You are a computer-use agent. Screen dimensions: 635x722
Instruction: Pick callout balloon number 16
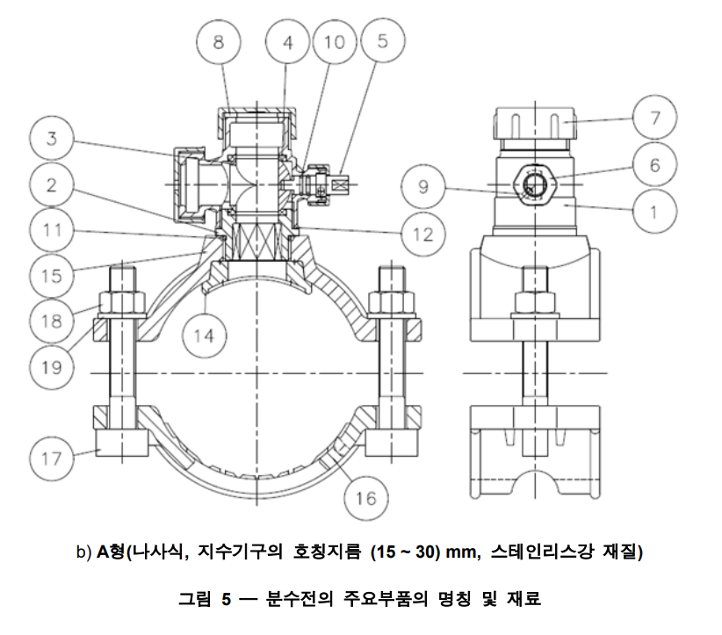pyautogui.click(x=365, y=498)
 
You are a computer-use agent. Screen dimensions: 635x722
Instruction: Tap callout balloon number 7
pyautogui.click(x=661, y=117)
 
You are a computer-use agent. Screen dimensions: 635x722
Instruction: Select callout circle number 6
pyautogui.click(x=661, y=164)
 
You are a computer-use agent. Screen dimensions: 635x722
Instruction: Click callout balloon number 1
pyautogui.click(x=661, y=211)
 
